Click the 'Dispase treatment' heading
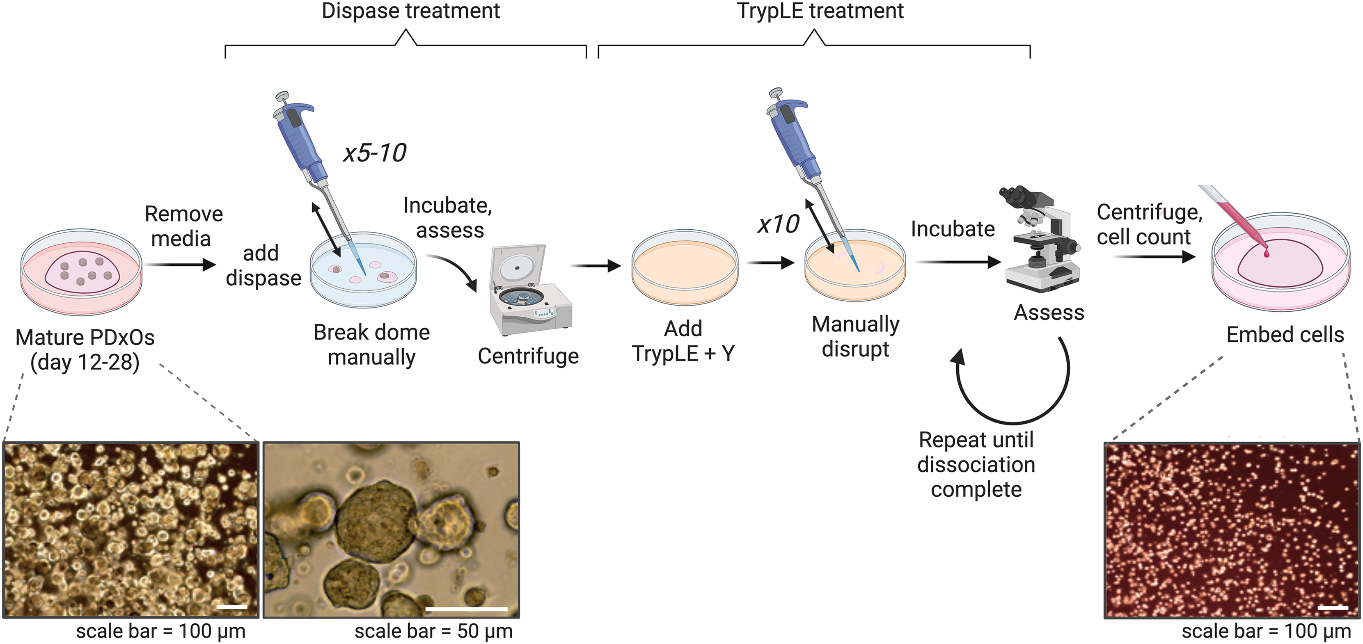[x=410, y=11]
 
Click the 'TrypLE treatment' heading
[x=820, y=11]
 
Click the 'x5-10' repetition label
[x=375, y=153]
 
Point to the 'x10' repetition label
[x=778, y=225]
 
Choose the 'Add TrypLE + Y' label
[x=683, y=341]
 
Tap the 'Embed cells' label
[x=1285, y=335]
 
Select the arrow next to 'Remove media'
[x=180, y=264]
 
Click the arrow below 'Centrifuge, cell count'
[x=1153, y=257]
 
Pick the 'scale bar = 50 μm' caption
[x=433, y=631]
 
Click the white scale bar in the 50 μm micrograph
[x=466, y=609]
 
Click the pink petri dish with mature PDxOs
[x=82, y=272]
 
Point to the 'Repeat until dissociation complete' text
[x=976, y=465]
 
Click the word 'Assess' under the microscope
[x=1049, y=313]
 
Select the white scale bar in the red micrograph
[x=1332, y=607]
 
